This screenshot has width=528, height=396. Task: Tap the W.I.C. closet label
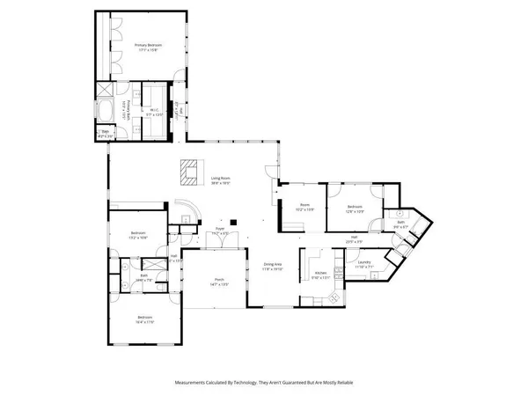click(153, 112)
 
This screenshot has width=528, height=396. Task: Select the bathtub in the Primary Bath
click(106, 113)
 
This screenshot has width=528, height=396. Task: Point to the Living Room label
click(220, 180)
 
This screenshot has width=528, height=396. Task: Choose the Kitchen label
click(320, 275)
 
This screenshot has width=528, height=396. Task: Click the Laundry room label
click(363, 264)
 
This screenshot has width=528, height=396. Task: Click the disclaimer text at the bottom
click(263, 383)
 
